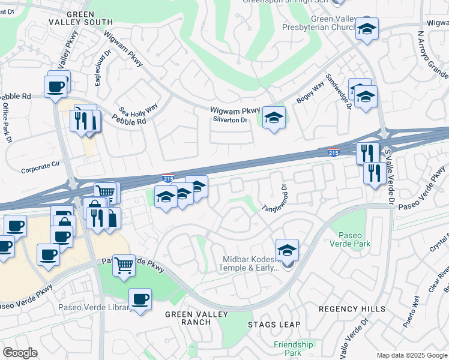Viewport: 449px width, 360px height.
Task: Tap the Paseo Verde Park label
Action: click(x=354, y=239)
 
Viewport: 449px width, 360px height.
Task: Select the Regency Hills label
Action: click(x=352, y=308)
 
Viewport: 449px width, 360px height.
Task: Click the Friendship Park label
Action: click(x=293, y=349)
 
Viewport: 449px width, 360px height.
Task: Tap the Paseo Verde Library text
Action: click(x=95, y=308)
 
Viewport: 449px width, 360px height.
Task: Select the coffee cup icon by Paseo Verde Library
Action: click(x=140, y=299)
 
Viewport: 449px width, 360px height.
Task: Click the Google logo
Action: click(x=20, y=353)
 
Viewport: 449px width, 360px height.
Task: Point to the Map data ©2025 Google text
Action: click(x=411, y=355)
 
